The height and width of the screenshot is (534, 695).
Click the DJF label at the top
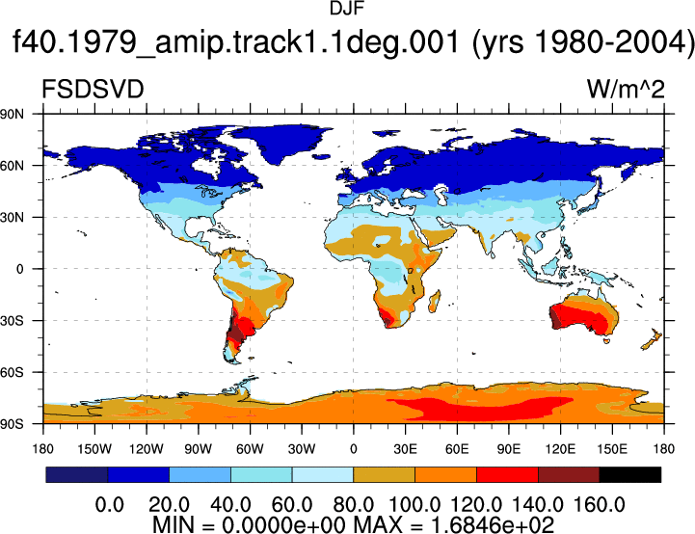tap(347, 9)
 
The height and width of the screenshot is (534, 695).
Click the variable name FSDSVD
tap(93, 90)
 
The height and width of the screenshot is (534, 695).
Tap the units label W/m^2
tap(626, 90)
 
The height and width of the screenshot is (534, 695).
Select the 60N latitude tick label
tap(12, 166)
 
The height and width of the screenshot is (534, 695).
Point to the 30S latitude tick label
tap(12, 321)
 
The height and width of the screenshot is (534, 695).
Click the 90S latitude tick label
tap(12, 424)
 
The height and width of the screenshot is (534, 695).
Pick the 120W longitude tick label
tap(147, 449)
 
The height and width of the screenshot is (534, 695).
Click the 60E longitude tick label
tap(457, 449)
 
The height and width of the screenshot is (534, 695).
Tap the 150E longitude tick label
tap(612, 449)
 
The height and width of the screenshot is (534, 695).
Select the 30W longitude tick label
tap(302, 449)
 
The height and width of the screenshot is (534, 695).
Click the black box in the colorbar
tap(629, 474)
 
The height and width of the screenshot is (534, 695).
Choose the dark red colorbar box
tap(569, 474)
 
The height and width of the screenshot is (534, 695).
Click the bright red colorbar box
tap(507, 474)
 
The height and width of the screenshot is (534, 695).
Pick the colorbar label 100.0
tap(414, 505)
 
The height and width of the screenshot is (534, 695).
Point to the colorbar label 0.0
tap(110, 505)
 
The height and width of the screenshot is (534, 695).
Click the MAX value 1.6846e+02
tap(492, 524)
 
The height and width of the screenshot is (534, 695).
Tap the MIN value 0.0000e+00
tap(283, 524)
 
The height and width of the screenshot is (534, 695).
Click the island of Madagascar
tap(435, 302)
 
